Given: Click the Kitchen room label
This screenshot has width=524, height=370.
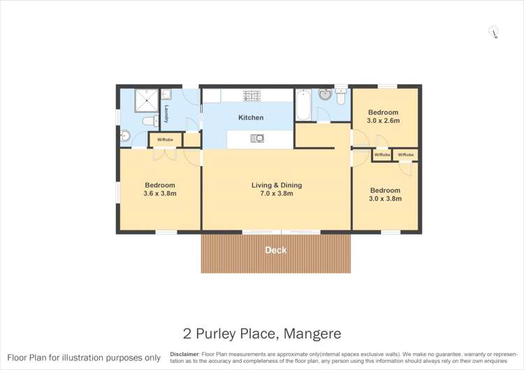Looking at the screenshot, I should point(251,118).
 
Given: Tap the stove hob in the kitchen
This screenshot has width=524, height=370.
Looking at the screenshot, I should point(252,95).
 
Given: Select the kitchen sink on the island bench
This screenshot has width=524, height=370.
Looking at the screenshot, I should point(256,138).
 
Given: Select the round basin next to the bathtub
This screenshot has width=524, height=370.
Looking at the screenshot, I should point(325,94).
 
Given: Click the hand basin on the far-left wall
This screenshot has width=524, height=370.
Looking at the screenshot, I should point(124,136).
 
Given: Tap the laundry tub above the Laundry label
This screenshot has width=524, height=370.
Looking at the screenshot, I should point(166,94).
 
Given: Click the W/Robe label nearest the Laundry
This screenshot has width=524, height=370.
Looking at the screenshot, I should point(165,140).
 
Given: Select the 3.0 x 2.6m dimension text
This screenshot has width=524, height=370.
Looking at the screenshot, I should point(383,121).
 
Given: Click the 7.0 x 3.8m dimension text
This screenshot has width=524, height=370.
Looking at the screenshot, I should point(277,193).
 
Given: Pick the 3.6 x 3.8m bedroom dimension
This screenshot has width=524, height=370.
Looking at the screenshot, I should point(160,193).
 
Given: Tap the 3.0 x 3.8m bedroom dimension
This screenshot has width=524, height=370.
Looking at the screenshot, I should point(386,198).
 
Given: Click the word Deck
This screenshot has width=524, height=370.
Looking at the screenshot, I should point(275,250).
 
